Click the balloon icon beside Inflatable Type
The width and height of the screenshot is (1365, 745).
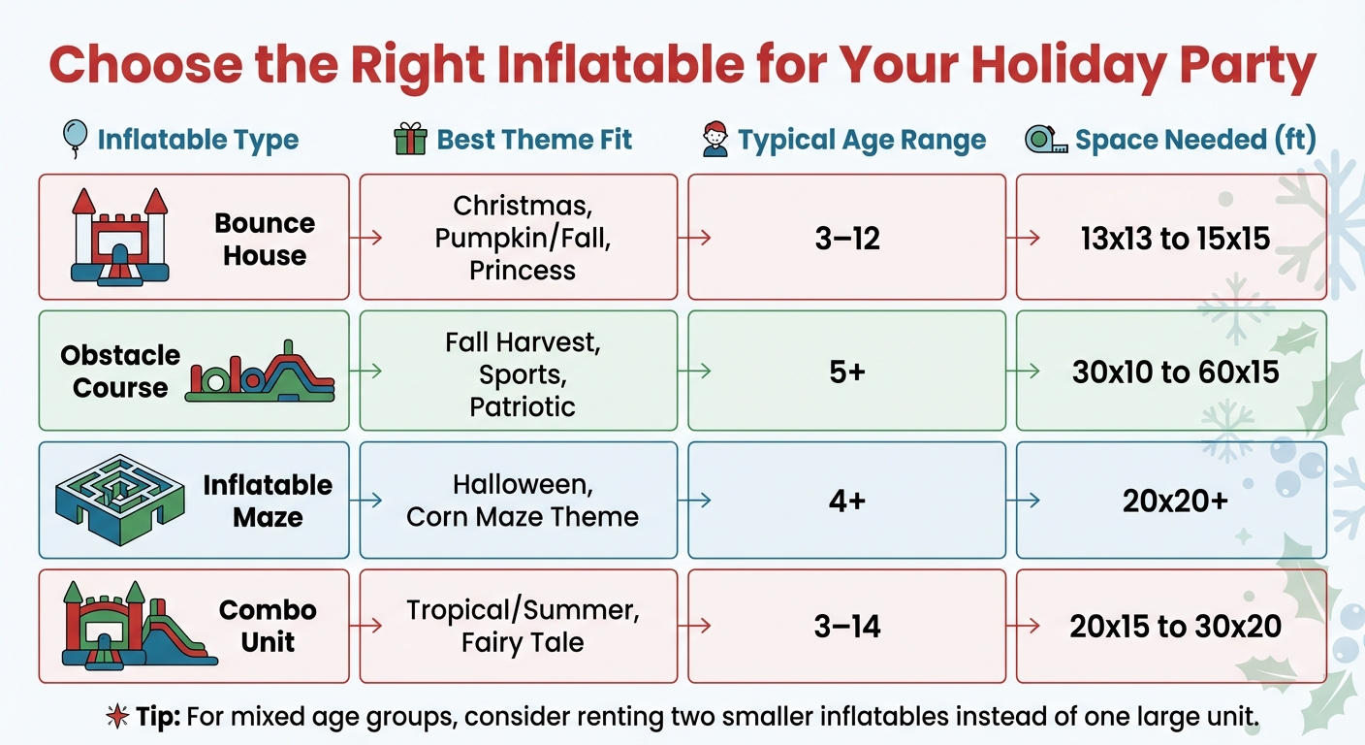coord(74,139)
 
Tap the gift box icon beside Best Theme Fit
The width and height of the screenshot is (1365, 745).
coord(410,140)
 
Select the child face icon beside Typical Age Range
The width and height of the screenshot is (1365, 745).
coord(715,140)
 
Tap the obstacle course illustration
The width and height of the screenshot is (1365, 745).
coord(260,372)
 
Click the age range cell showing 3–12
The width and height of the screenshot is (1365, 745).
coord(846,238)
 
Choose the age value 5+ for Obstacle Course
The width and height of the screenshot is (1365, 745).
coord(846,372)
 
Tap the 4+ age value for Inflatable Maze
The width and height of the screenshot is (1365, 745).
coord(846,502)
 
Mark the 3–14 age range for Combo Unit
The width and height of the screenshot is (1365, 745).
coord(846,627)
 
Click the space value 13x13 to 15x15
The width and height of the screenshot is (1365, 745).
coord(1175,238)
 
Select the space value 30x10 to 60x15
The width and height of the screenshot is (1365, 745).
coord(1175,372)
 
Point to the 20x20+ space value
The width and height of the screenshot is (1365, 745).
coord(1175,502)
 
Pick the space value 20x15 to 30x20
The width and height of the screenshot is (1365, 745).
coord(1175,627)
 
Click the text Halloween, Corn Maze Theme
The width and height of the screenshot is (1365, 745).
coord(522,501)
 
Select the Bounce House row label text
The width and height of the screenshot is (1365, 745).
coord(264,240)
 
